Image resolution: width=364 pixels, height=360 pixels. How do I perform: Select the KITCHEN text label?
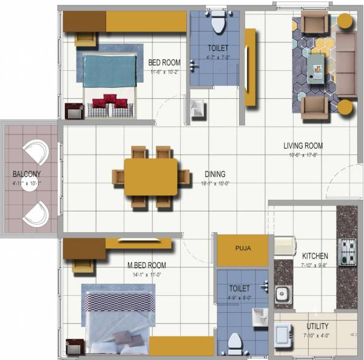[315, 256]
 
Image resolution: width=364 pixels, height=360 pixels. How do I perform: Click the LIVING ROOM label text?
[303, 145]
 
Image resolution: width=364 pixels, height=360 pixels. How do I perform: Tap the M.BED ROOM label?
[146, 265]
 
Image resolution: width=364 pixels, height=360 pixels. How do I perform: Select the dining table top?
[150, 176]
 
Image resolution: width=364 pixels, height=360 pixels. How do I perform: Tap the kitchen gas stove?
[346, 252]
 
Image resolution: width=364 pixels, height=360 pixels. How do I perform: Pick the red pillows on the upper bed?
[110, 101]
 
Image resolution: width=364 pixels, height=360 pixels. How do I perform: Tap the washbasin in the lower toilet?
[260, 315]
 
